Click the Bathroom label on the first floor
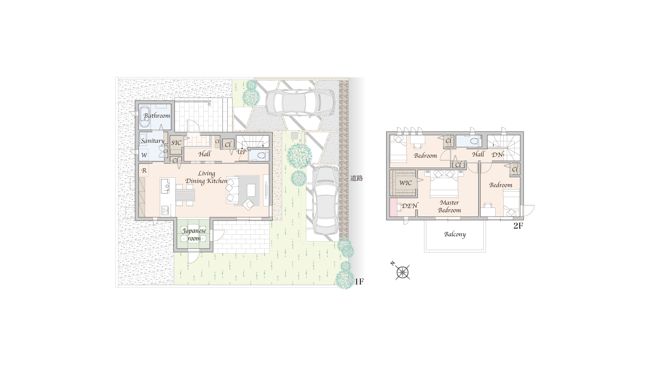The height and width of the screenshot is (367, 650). pyautogui.click(x=157, y=115)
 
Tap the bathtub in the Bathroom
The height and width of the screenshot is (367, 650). pyautogui.click(x=144, y=117)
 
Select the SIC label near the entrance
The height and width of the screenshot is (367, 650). pyautogui.click(x=176, y=143)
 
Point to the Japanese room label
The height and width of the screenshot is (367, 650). pyautogui.click(x=194, y=234)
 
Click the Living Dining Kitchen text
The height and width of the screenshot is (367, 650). pyautogui.click(x=206, y=177)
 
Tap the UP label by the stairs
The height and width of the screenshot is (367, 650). pyautogui.click(x=241, y=152)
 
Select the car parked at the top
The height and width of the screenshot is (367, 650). pyautogui.click(x=300, y=102)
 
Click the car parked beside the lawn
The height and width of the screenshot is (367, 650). pyautogui.click(x=325, y=201)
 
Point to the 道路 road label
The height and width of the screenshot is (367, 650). pyautogui.click(x=356, y=178)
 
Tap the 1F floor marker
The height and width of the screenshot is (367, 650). pyautogui.click(x=359, y=281)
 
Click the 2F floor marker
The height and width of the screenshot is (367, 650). pyautogui.click(x=518, y=226)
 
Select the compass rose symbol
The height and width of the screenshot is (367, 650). pyautogui.click(x=403, y=273)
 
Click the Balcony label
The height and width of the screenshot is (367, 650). pyautogui.click(x=455, y=234)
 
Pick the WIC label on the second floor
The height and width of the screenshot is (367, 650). pyautogui.click(x=405, y=183)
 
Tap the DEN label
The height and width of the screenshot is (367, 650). pyautogui.click(x=410, y=206)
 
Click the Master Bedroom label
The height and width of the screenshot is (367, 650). pyautogui.click(x=449, y=206)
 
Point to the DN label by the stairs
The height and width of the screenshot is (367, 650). pyautogui.click(x=498, y=155)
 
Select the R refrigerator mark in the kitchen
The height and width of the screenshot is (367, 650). pyautogui.click(x=144, y=171)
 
